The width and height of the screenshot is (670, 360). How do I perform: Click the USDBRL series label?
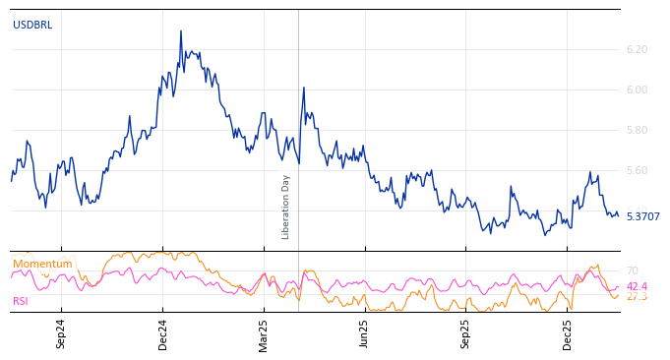[32, 26]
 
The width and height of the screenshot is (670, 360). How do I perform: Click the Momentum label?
[42, 265]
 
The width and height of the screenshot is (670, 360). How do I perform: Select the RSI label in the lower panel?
[21, 302]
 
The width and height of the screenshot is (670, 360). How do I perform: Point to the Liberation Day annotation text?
[286, 207]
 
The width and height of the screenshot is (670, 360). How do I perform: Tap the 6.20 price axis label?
[637, 49]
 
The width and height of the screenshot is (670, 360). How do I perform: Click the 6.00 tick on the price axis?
[637, 90]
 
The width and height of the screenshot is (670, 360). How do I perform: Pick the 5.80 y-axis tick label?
[637, 130]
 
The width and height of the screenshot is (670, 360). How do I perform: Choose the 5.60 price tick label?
[637, 170]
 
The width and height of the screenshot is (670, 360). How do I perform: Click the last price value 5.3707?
[642, 216]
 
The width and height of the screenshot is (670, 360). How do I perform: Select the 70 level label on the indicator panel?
[632, 270]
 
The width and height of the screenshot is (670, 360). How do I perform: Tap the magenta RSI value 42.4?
[637, 286]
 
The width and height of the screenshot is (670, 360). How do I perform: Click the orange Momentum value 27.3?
[637, 296]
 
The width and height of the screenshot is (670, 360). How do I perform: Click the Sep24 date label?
[61, 333]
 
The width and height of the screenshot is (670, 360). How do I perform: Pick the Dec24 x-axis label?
[163, 333]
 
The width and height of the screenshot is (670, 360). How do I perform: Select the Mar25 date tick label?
[264, 333]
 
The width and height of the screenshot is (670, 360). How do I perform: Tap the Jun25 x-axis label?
[364, 333]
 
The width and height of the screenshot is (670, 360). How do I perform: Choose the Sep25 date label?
[465, 333]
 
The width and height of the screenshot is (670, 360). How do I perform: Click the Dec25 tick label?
[568, 333]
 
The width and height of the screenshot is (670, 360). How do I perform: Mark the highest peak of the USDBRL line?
[181, 30]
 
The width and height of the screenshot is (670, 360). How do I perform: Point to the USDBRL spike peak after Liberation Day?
[304, 88]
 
